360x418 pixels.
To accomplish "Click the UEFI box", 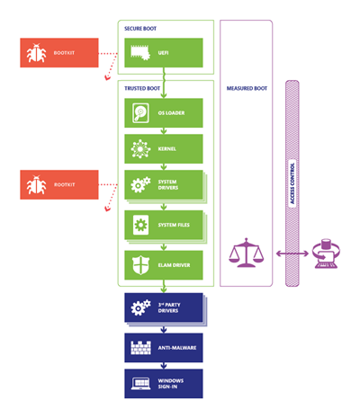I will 165,53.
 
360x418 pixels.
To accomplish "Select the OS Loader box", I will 165,114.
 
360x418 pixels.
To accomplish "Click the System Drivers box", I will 165,184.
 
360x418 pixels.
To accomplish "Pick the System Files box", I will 165,224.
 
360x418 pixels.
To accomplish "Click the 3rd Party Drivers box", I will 165,307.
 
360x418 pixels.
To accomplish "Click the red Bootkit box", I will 56,53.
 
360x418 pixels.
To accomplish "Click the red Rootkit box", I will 56,185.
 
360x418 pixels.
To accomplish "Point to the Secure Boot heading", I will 142,28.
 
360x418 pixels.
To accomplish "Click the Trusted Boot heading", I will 144,88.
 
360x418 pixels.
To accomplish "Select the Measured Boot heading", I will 246,88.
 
